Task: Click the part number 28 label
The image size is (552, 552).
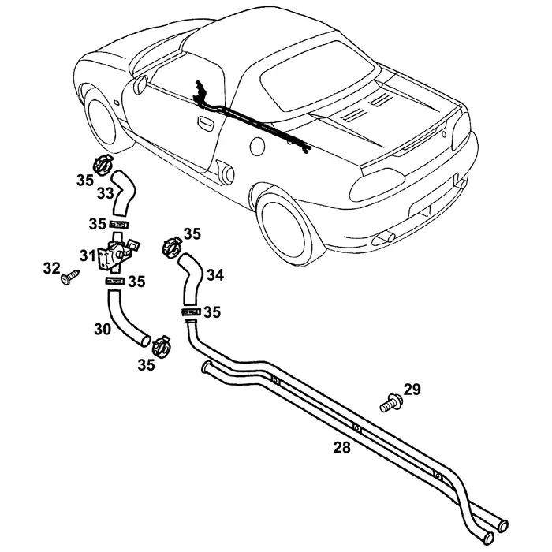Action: coord(341,447)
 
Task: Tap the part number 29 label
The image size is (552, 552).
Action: coord(412,389)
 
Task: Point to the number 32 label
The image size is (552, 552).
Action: coord(51,269)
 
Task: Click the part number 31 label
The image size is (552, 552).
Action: coord(86,255)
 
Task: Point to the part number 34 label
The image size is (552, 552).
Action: coord(215,275)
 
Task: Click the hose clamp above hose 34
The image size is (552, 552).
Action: coord(170,245)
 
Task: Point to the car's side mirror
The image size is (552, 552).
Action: coord(140,82)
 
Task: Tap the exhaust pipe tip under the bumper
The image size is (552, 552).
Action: coord(385,236)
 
